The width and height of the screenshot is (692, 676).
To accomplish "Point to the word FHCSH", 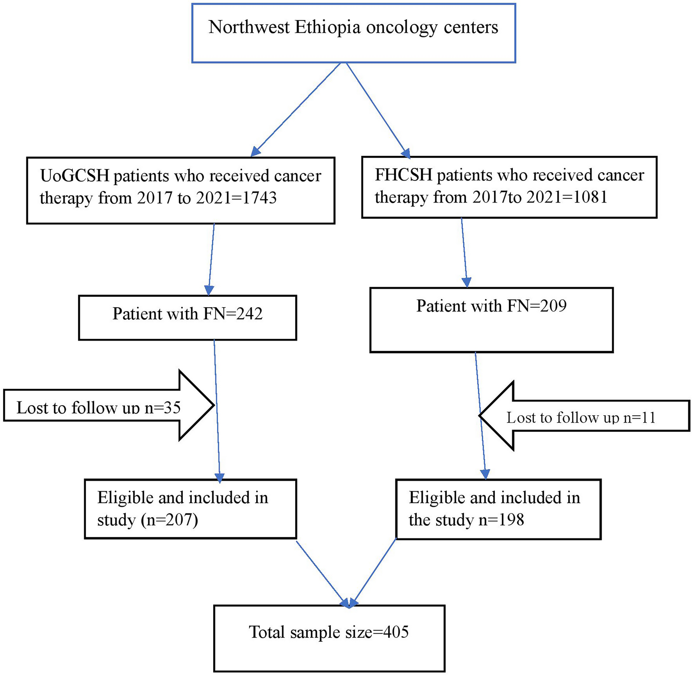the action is click(404, 175).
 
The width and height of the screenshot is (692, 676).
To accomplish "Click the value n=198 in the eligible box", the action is click(501, 520).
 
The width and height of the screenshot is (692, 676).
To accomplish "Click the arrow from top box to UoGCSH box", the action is click(296, 109).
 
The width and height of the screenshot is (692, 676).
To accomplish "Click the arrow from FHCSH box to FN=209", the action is click(465, 253).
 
